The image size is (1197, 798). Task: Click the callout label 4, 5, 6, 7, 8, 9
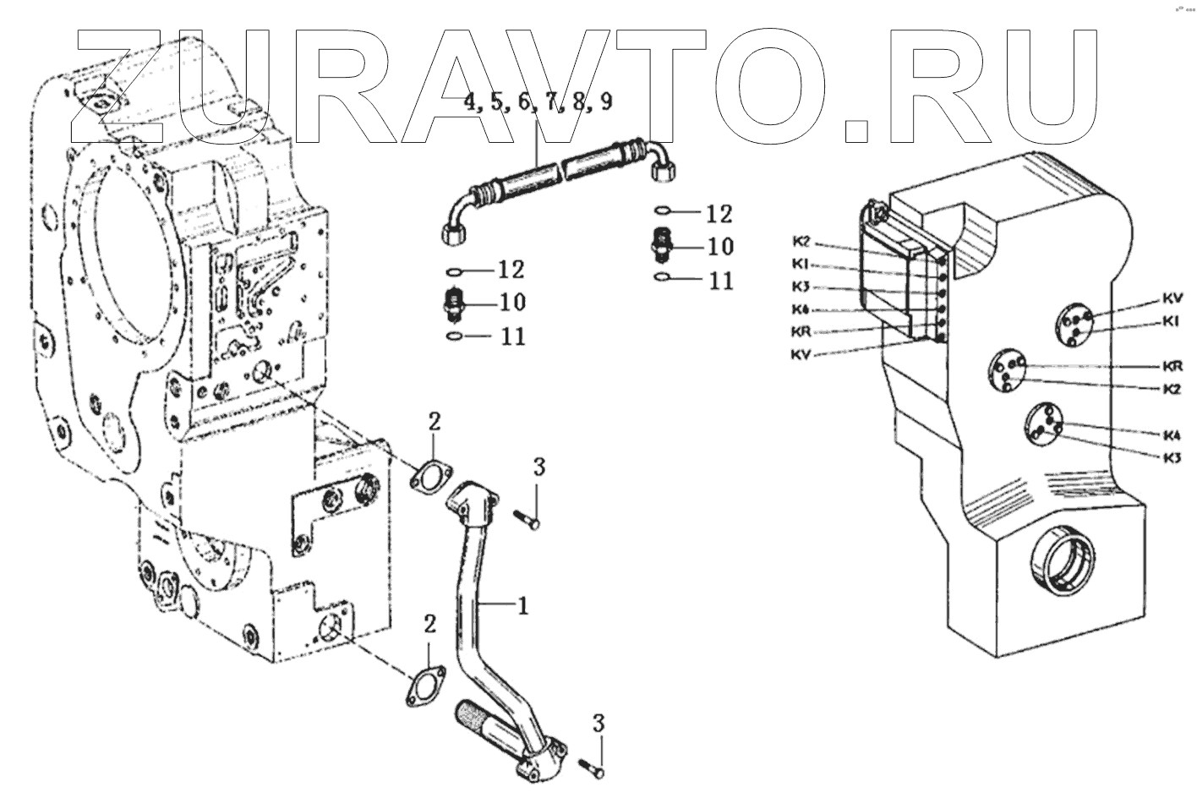click(x=538, y=103)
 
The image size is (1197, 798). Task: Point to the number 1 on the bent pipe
click(x=524, y=605)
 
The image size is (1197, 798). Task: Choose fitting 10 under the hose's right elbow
click(x=663, y=246)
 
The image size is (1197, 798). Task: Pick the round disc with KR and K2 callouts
click(x=1007, y=372)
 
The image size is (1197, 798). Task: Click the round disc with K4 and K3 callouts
click(x=1042, y=427)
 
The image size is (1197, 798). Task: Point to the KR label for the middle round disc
click(x=1172, y=367)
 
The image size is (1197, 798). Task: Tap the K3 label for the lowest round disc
click(x=1172, y=457)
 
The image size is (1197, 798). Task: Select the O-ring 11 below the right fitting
click(x=664, y=278)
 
